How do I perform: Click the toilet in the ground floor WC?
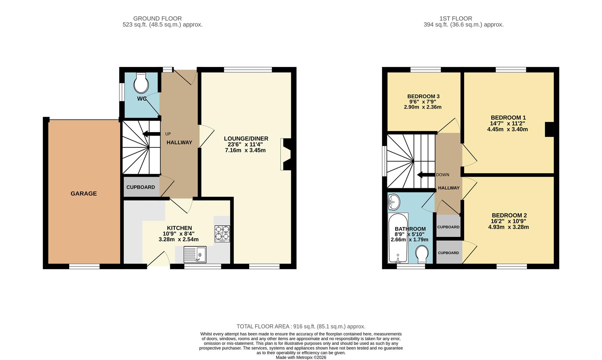point(141,83)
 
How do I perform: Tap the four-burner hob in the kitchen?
point(222,233)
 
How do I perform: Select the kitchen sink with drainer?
point(195,255)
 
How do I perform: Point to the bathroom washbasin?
point(394,202)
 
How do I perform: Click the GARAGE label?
point(84,193)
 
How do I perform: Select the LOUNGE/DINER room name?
point(246,139)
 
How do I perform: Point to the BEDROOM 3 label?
point(423,97)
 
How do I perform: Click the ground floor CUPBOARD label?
point(141,187)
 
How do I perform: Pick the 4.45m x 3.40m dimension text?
point(507,129)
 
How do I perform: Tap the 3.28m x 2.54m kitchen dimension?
point(179,239)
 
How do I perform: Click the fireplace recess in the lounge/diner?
point(286,154)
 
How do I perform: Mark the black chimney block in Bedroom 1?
point(549,130)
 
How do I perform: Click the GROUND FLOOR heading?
point(158,19)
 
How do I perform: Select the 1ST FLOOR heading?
point(456,19)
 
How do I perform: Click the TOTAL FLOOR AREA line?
point(301,327)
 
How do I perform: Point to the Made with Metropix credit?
point(301,357)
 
